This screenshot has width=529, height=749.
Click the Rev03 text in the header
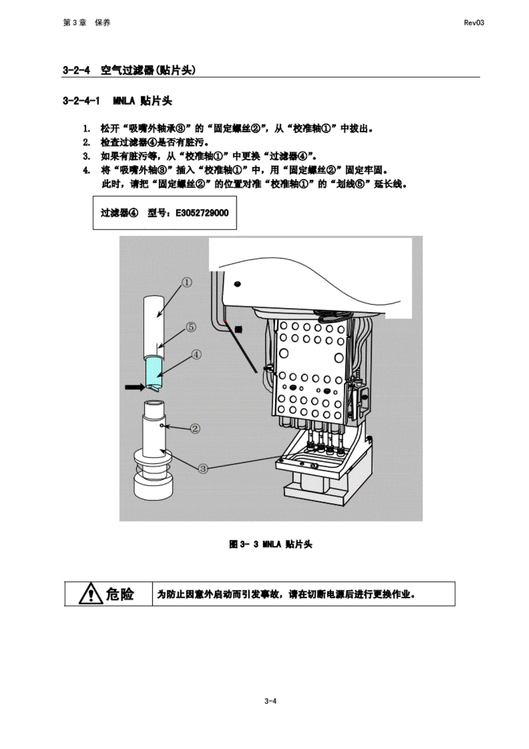(474, 23)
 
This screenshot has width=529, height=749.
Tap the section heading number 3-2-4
(76, 70)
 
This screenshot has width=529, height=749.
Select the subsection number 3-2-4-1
(81, 101)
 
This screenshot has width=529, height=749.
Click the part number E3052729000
(202, 213)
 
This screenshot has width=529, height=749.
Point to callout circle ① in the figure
(187, 282)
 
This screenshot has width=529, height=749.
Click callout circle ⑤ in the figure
(191, 327)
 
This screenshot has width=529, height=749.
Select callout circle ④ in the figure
(196, 355)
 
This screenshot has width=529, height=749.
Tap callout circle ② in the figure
(195, 429)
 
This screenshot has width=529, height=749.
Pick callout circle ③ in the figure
(203, 468)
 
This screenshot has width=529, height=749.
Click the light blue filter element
(154, 370)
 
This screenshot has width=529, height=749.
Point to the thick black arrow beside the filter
(134, 387)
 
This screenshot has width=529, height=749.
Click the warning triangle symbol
(90, 593)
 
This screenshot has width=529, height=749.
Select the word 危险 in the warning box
(120, 594)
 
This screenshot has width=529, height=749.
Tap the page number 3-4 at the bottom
(270, 701)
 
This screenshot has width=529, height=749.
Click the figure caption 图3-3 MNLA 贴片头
(270, 544)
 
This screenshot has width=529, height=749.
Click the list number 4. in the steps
(86, 170)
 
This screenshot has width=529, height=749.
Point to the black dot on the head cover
(237, 284)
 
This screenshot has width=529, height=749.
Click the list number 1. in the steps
(86, 129)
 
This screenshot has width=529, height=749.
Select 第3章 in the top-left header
(75, 23)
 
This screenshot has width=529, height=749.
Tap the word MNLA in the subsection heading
(123, 101)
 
